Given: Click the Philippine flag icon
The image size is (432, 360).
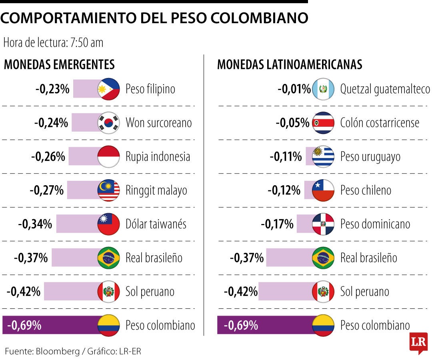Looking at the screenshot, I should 108,89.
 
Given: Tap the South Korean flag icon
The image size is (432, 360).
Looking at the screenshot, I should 108,122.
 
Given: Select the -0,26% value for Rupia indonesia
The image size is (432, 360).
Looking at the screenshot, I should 48,156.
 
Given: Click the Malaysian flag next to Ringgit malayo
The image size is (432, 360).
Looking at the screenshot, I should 108,190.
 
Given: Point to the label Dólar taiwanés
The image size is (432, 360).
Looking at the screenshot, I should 156,224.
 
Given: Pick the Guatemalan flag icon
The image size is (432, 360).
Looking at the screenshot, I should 323,89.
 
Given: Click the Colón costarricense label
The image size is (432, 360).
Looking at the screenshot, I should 379,122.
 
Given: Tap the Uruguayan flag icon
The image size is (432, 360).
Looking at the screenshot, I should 323,156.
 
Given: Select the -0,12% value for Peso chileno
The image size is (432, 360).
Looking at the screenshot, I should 284,190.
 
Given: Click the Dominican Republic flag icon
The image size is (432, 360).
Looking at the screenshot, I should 323,224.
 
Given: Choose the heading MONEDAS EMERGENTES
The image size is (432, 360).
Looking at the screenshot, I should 59,64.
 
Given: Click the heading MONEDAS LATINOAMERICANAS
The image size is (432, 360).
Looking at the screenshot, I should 290,64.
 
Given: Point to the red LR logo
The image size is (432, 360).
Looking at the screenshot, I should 418,343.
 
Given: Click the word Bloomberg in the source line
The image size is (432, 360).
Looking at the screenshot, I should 58,352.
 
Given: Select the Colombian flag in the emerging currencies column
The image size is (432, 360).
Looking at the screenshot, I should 108,325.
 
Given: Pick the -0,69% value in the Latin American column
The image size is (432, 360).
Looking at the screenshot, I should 241,326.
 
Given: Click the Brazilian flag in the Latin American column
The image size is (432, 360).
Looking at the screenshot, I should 323,258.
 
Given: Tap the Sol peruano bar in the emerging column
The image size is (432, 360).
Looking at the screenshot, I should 70,292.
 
